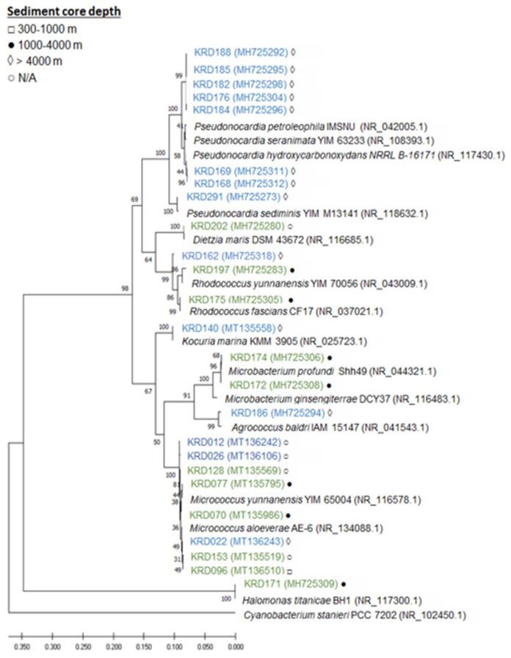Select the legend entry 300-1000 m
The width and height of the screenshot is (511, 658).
[51, 29]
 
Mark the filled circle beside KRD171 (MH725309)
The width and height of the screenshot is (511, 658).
[344, 585]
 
